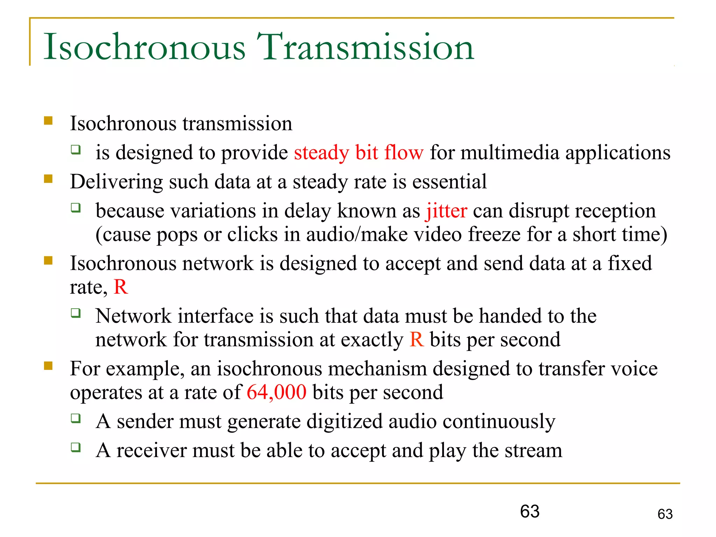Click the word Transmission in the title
click(365, 47)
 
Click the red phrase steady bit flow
click(358, 153)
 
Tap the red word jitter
click(446, 211)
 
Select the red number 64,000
click(277, 392)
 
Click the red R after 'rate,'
click(121, 287)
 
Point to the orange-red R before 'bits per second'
click(416, 339)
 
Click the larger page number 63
click(530, 511)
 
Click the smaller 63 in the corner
click(665, 514)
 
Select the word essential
click(449, 182)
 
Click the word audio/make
click(357, 235)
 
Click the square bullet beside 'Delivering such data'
click(48, 179)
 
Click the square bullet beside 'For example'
click(48, 366)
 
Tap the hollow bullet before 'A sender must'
click(76, 418)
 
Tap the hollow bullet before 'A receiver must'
click(76, 447)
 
